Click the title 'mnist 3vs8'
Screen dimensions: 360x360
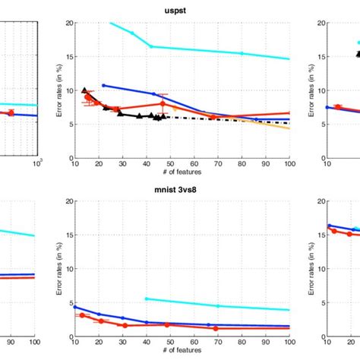[181, 192]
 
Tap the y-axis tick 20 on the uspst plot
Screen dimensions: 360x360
[67, 23]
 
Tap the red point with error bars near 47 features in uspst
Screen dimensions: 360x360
[163, 103]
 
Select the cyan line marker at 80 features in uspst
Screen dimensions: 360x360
[242, 53]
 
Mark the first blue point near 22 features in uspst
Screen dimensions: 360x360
[103, 85]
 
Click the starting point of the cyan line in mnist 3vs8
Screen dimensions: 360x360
[146, 298]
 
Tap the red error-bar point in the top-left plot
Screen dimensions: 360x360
[11, 112]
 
